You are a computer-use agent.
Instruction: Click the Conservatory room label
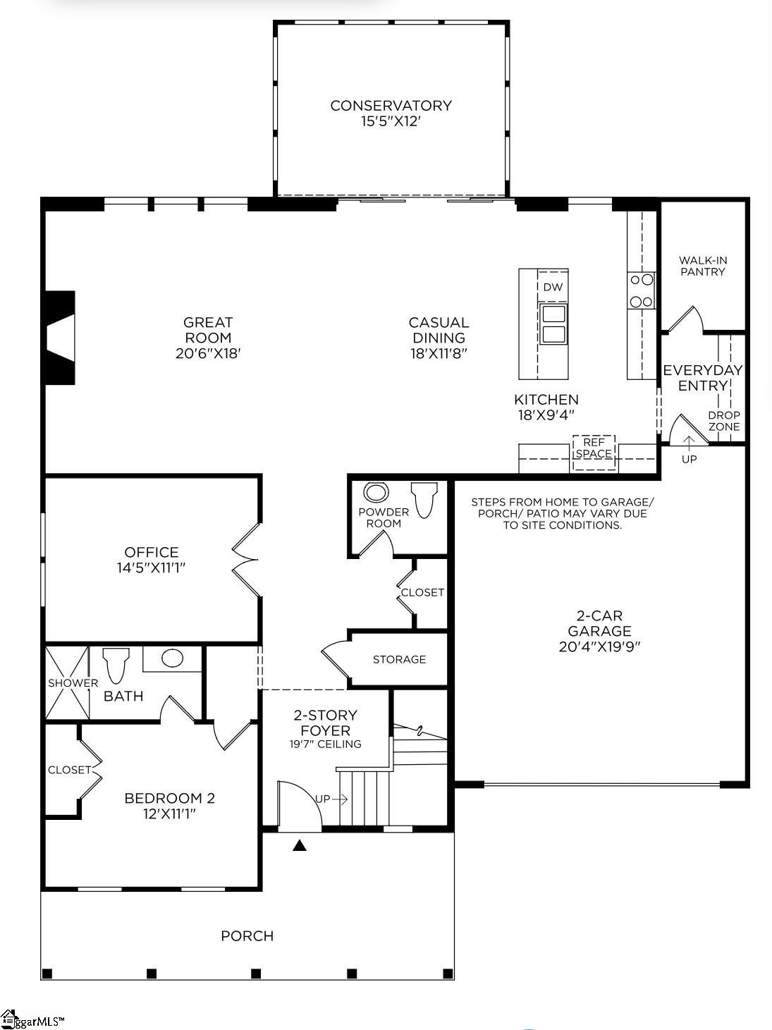point(391,106)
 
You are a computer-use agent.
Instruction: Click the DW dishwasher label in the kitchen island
point(553,287)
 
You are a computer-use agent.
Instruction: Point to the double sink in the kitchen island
point(553,324)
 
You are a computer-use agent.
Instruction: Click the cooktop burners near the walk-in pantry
point(642,290)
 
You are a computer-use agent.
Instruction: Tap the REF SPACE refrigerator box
point(593,448)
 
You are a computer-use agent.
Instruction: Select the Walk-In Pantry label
point(702,266)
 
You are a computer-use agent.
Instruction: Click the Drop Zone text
point(724,421)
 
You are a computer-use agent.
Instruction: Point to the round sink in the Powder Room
point(376,492)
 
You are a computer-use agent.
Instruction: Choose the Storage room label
point(399,659)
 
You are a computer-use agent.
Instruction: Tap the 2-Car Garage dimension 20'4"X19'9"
point(599,646)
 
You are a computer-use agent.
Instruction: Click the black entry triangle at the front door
point(300,845)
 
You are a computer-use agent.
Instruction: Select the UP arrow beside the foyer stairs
point(331,799)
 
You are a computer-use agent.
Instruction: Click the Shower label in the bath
point(73,682)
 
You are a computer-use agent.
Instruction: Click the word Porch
point(247,936)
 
